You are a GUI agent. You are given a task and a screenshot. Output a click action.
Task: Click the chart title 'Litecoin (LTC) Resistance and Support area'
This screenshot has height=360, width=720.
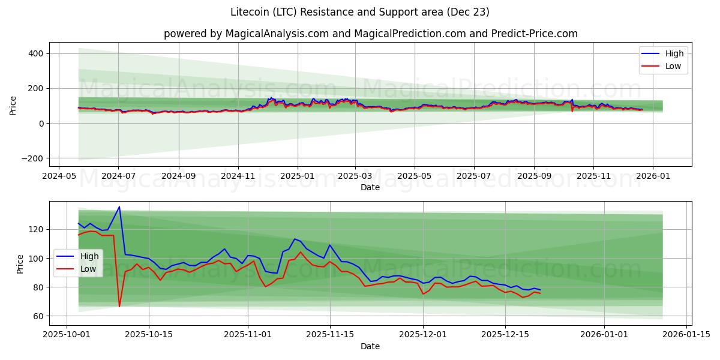coord(360,12)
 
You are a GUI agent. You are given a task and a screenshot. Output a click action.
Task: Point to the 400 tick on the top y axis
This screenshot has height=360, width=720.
coord(35,53)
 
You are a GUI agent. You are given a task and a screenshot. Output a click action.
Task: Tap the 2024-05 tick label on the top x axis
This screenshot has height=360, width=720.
coord(58,177)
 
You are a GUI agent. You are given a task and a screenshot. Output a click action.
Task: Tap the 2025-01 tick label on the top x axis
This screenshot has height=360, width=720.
coord(298,177)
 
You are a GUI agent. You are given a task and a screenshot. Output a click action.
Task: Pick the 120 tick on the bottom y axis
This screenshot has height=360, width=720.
coord(35,229)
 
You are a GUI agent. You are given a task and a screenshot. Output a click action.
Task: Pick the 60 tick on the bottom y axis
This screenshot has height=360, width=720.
coord(37,316)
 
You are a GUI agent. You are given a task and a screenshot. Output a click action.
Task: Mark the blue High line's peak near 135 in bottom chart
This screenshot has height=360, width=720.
coord(119,207)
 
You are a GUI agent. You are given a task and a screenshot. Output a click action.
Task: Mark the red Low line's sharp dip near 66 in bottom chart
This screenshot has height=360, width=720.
coord(119,307)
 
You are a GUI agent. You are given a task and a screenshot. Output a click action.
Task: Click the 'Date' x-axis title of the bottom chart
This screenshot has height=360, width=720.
coord(370,346)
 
